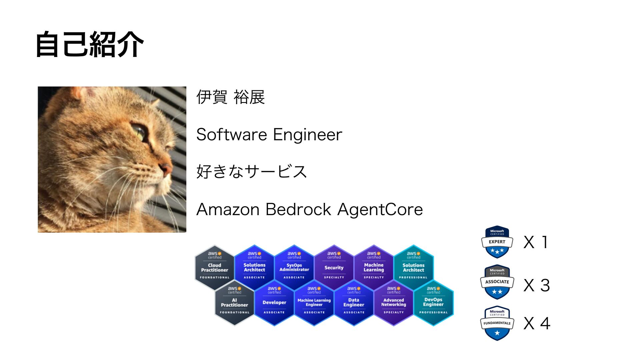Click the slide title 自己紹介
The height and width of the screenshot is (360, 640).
point(89,45)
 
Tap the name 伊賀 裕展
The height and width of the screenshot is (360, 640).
point(230,97)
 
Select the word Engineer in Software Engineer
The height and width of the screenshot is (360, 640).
point(307,135)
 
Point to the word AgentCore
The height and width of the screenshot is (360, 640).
point(380,210)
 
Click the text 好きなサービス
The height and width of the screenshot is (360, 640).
point(251,172)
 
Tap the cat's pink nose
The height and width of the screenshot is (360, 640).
point(166,168)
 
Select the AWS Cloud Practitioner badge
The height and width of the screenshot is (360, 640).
point(214,267)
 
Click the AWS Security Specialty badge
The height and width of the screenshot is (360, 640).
point(334,267)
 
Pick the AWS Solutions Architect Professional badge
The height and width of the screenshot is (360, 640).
point(413,267)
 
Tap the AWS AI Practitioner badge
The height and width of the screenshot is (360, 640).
point(234,302)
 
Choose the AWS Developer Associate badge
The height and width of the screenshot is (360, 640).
point(274,302)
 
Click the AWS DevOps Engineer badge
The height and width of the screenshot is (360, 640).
point(433,302)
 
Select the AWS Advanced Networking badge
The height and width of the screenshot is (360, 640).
point(393,302)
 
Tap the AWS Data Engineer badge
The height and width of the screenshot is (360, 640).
point(354,302)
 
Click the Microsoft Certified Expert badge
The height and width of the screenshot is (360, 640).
point(497,242)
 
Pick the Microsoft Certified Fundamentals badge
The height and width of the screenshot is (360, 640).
point(497,323)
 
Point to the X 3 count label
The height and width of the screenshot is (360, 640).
point(536,285)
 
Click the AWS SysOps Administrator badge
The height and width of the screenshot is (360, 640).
point(294,267)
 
